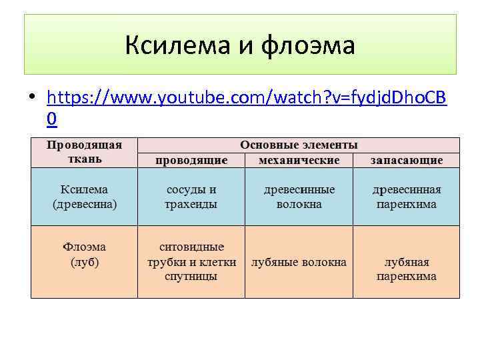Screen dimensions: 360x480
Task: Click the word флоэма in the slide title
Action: (x=308, y=46)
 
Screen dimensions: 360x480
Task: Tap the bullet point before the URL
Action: (x=31, y=98)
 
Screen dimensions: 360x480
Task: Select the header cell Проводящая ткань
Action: (x=84, y=152)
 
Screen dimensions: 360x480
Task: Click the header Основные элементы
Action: (x=299, y=145)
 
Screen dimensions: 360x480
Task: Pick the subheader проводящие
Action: (x=191, y=160)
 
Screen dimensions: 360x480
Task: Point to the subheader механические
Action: (x=299, y=160)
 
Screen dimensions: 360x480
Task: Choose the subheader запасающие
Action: (x=407, y=160)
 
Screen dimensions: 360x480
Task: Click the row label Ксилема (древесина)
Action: (x=84, y=197)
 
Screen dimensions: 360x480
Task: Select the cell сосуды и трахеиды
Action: (x=191, y=197)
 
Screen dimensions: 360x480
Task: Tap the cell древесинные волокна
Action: (x=299, y=197)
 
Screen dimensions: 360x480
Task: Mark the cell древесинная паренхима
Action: (x=407, y=197)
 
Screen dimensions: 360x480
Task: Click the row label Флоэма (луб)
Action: (x=84, y=255)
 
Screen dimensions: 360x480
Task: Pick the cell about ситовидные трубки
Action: (x=191, y=261)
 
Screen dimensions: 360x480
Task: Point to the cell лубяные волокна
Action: (x=299, y=262)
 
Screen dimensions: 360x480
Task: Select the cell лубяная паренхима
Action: (x=407, y=269)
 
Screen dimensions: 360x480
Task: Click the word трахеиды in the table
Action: (x=191, y=204)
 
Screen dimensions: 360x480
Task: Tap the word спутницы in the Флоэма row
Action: (x=191, y=276)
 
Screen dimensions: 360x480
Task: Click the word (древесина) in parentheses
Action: (x=84, y=204)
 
